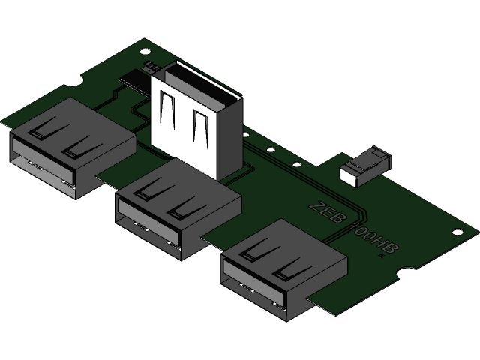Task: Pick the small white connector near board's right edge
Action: [364, 166]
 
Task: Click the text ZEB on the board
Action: [327, 213]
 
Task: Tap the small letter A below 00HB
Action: [382, 256]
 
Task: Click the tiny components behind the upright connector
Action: [155, 67]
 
